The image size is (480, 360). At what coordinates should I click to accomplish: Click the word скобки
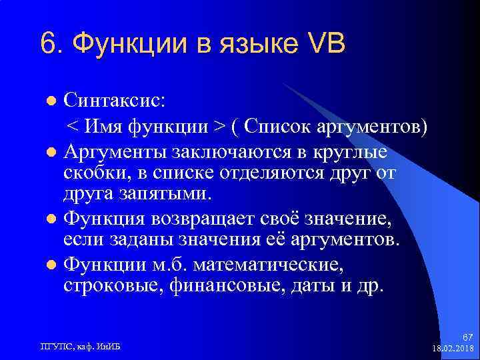point(94,173)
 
